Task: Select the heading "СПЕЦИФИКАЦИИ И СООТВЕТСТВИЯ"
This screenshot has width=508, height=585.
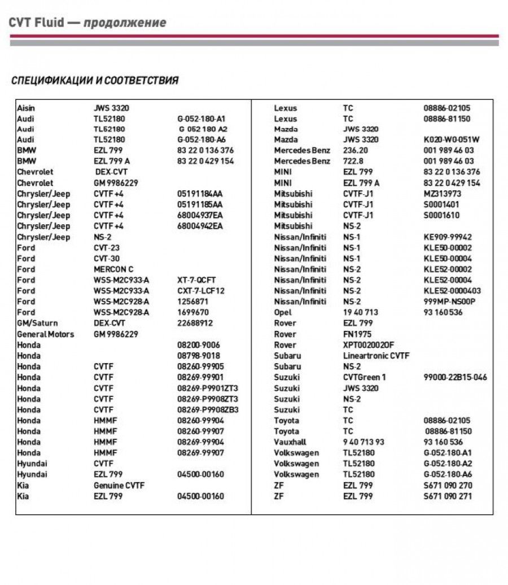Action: [95, 81]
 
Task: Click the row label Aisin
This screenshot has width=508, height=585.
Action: [26, 108]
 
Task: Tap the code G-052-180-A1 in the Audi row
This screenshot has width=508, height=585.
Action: [202, 119]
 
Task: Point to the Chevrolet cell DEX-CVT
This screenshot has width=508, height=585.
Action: [111, 172]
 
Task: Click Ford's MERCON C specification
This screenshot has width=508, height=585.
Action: [113, 269]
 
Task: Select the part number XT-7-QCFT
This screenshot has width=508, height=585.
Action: [196, 280]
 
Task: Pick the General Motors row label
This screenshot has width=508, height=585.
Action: [45, 334]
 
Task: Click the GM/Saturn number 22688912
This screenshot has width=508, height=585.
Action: [195, 324]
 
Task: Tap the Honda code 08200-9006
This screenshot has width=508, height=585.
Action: [199, 345]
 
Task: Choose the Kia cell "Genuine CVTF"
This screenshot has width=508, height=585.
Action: [119, 485]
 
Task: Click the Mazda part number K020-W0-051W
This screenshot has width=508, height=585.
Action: [452, 139]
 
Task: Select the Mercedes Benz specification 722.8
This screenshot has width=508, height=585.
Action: [355, 161]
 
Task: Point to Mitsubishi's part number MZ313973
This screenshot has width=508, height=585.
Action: [443, 194]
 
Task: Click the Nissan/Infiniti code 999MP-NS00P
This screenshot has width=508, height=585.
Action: [450, 302]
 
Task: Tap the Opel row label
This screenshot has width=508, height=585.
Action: [283, 312]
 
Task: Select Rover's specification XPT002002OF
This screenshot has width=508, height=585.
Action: [369, 345]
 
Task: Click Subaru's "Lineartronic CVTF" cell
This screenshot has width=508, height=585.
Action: [376, 356]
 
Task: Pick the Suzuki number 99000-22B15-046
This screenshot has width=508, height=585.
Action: [455, 377]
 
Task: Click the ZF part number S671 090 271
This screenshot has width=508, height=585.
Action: [448, 496]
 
